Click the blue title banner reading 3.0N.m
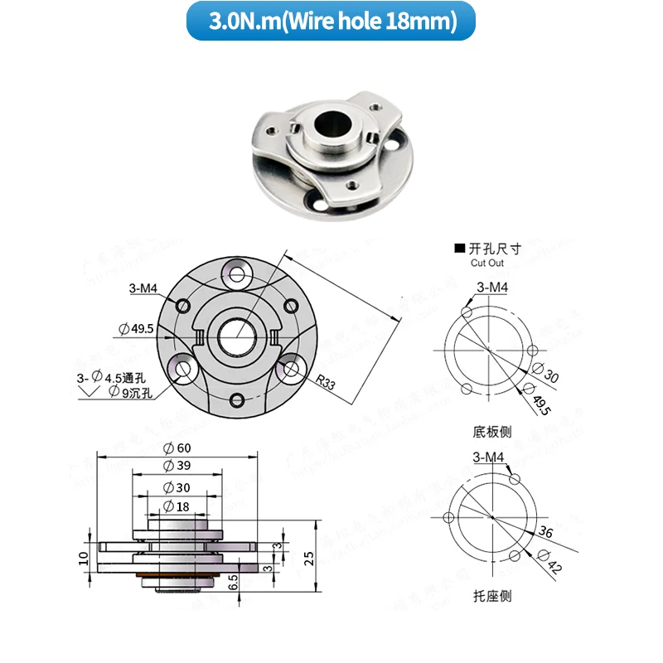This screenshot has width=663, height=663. point(331,22)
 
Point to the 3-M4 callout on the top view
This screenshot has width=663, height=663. point(142,289)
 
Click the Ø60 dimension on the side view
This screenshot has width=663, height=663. point(177,448)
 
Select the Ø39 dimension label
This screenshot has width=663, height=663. point(177,466)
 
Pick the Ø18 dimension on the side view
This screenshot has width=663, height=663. point(177,506)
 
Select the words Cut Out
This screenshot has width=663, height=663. point(486,263)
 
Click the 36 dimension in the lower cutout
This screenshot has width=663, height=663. point(544,531)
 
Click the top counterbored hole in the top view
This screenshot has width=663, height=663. point(238,273)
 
